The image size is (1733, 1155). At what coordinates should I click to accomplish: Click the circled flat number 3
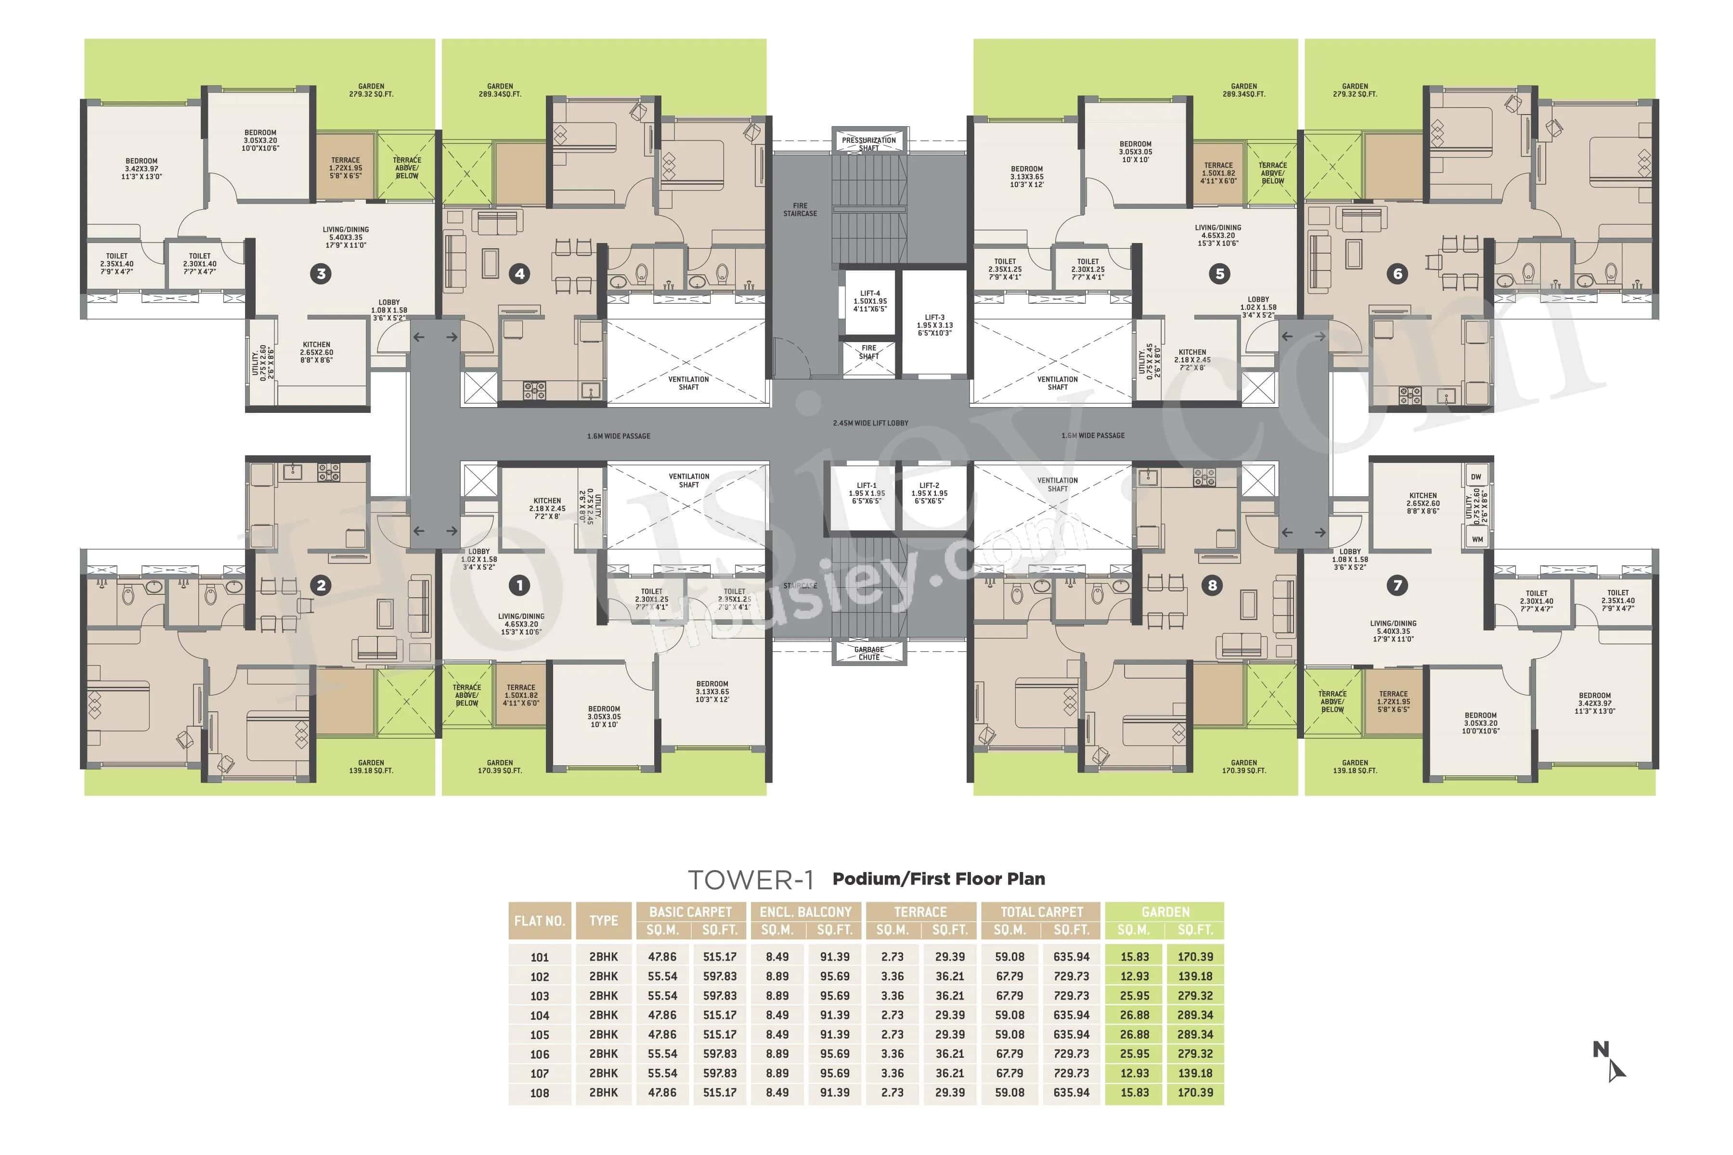321,274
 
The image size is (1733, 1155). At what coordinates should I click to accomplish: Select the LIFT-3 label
934,325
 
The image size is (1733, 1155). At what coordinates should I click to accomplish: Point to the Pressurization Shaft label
869,143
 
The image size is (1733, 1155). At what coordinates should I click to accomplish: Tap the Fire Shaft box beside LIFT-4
869,352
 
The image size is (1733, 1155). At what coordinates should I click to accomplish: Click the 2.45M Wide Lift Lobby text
870,423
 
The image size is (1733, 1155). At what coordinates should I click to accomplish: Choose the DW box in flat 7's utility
1476,476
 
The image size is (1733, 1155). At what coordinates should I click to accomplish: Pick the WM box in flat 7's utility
1476,539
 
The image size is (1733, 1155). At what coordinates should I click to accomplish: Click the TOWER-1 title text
750,880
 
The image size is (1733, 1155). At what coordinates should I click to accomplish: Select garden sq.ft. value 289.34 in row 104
1194,1015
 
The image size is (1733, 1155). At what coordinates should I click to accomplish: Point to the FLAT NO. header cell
539,921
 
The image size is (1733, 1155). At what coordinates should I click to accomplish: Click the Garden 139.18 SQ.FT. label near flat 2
371,767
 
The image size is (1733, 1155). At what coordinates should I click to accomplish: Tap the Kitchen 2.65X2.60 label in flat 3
316,352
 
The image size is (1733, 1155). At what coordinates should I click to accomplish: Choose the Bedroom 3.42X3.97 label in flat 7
1594,703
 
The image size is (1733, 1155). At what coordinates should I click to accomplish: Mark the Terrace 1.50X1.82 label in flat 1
520,694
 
